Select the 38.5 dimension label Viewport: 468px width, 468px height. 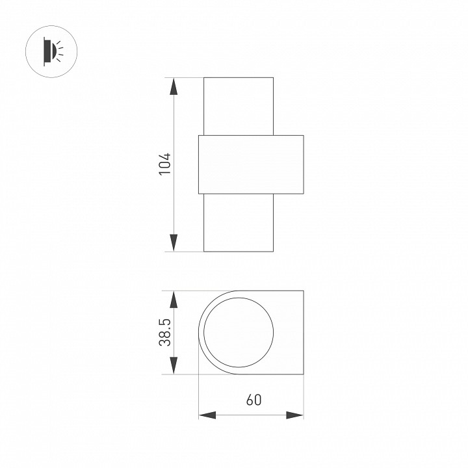point(165,332)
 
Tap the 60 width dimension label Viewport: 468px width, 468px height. point(253,400)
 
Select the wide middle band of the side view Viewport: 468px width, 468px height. point(251,164)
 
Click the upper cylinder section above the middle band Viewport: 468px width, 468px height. point(238,107)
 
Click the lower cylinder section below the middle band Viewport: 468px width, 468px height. point(238,222)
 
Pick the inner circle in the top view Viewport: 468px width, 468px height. point(237,332)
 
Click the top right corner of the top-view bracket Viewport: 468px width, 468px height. point(304,291)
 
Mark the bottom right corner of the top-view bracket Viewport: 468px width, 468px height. point(304,374)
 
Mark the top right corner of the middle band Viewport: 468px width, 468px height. point(304,135)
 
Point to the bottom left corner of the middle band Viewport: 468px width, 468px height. point(198,194)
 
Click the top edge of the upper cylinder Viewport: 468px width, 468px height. point(238,78)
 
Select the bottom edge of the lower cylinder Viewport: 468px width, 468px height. point(238,251)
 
